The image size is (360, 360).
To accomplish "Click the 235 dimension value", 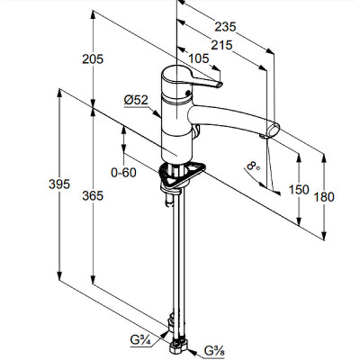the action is coord(225,27).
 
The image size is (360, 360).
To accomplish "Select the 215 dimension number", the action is coord(221,45).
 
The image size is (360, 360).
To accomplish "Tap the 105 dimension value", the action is coord(198,58).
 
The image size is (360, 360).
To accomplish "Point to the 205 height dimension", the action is coord(93,59).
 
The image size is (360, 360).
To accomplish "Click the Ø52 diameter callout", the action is coord(136,100).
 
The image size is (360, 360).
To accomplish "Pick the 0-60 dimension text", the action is coord(123,173).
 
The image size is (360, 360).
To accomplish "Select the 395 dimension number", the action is coord(59,184).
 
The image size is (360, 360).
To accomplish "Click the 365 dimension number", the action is coord(93,195).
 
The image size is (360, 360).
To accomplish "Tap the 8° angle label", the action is coord(254,166).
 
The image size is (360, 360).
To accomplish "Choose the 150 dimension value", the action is coord(299,190).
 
